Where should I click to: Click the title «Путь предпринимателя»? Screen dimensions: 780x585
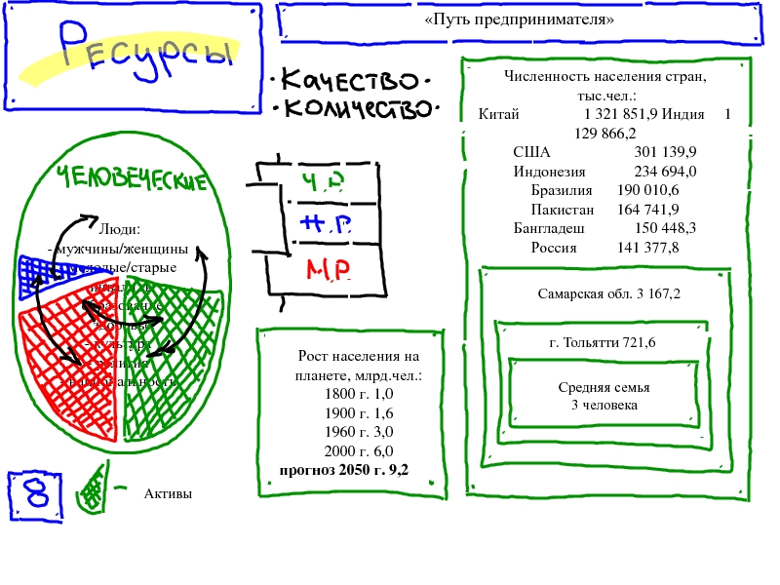click(x=520, y=19)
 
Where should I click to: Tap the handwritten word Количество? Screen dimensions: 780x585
click(x=356, y=107)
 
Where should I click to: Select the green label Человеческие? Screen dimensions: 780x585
click(x=133, y=179)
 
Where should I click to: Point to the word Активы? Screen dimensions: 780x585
click(x=168, y=494)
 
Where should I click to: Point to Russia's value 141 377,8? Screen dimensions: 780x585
click(x=648, y=248)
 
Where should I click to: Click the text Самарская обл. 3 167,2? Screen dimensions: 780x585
click(x=608, y=293)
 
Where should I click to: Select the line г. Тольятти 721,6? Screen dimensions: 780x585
click(x=602, y=343)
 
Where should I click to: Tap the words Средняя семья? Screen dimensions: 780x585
click(x=604, y=387)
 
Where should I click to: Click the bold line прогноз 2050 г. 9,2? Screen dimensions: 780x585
click(x=343, y=470)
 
